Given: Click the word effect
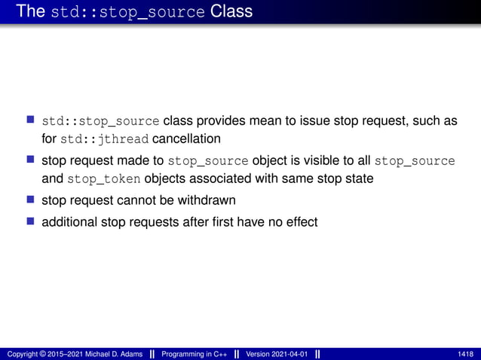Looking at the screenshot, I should [x=300, y=222].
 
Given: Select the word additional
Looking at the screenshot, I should [x=69, y=222].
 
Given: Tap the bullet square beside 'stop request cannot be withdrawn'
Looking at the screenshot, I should [x=31, y=201].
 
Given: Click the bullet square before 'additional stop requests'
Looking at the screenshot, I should [x=31, y=222].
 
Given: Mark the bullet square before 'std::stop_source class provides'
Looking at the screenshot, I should [x=31, y=121].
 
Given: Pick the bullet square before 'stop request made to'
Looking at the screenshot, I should [x=31, y=160].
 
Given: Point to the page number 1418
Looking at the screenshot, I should [x=465, y=354].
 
